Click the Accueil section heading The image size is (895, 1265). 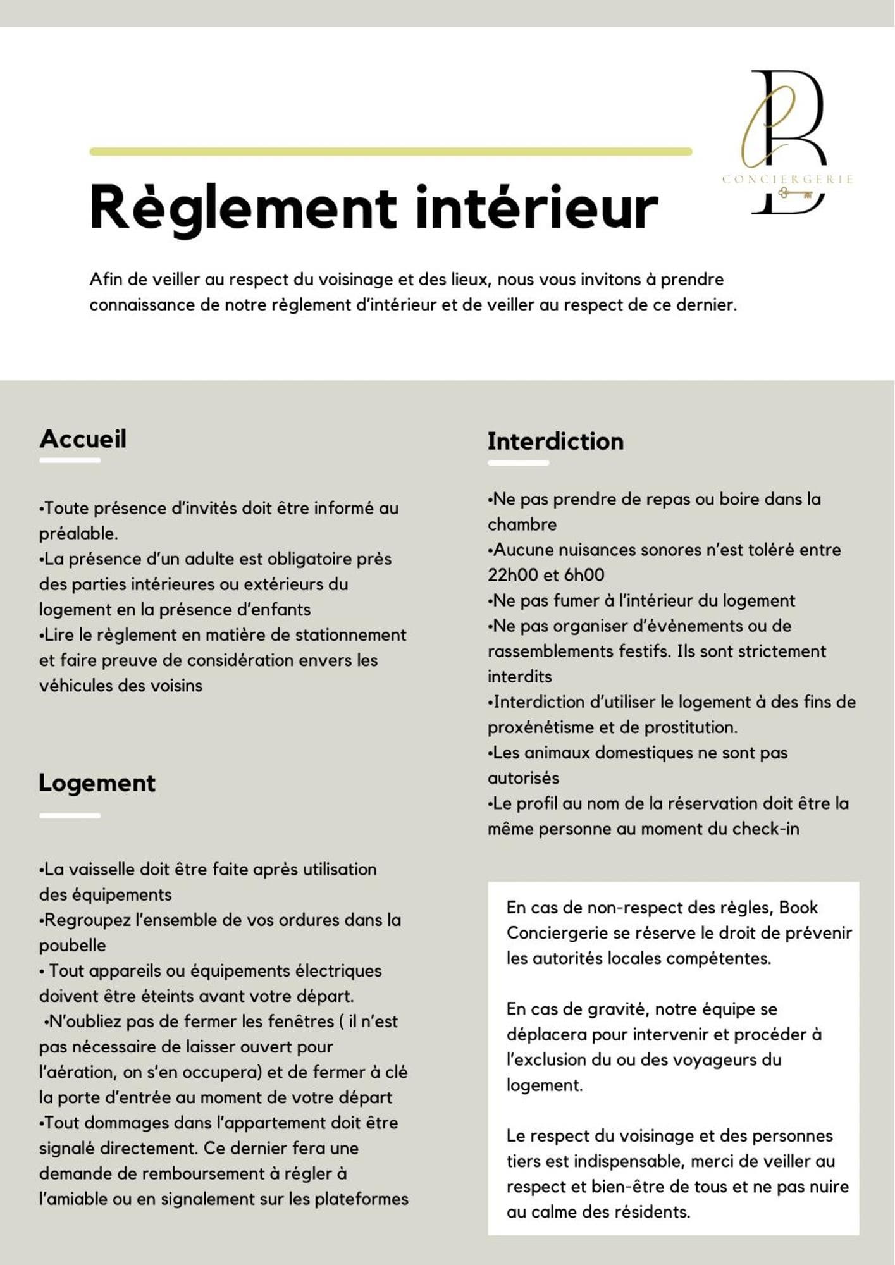click(83, 438)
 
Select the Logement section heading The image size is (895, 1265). click(97, 782)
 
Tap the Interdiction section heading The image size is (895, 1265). click(555, 441)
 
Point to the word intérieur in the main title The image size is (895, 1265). click(536, 207)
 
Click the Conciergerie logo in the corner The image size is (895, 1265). click(787, 142)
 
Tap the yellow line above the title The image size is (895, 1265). click(390, 152)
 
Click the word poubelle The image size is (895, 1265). click(72, 946)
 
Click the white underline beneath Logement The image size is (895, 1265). click(70, 815)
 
